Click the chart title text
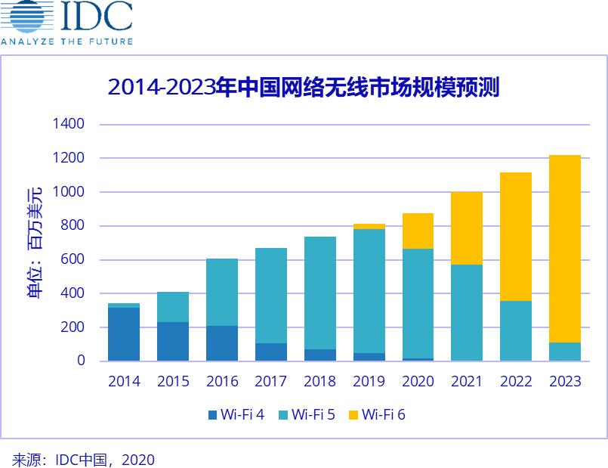(304, 88)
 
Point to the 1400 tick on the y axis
(69, 124)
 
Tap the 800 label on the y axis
(73, 225)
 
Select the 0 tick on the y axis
(80, 361)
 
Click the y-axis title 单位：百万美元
(35, 242)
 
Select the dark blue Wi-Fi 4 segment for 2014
(124, 334)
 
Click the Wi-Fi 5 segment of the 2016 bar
(222, 292)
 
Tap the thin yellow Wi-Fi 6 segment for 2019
(369, 226)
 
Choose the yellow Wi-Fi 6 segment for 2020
(418, 231)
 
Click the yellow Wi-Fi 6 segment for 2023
(564, 249)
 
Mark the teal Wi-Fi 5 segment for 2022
(515, 330)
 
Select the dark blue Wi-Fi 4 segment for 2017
(270, 352)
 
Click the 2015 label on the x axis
(173, 381)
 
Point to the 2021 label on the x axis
(466, 381)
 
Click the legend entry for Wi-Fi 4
(236, 414)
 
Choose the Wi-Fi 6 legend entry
(377, 414)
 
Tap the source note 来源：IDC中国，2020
(83, 460)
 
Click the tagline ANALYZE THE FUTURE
(66, 42)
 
